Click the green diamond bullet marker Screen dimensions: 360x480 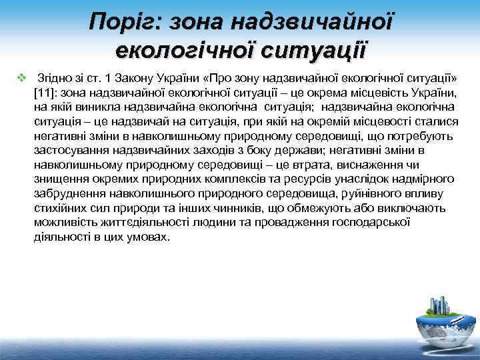pos(21,77)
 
